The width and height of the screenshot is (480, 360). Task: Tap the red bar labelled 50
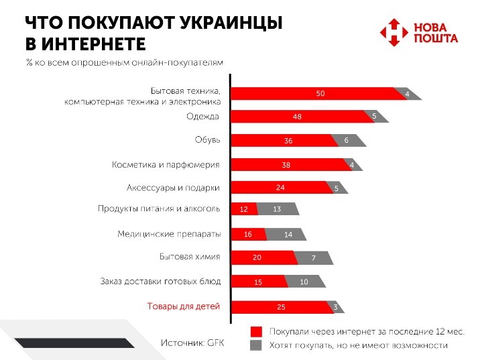point(312,94)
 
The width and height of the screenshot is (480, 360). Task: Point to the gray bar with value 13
point(276,210)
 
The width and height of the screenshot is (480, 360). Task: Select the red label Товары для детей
point(184,307)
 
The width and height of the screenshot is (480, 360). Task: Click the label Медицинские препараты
point(168,234)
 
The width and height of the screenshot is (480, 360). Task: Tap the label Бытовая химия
point(190,257)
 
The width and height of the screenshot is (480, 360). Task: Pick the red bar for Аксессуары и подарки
point(278,188)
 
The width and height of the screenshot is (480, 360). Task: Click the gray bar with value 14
point(286,235)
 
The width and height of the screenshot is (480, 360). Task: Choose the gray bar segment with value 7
point(313,258)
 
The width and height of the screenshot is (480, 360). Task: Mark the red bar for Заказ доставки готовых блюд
point(258,282)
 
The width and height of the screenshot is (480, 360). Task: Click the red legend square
point(255,332)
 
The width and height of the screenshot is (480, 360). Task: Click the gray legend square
point(255,345)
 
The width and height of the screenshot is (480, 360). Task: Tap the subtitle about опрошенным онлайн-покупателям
point(123,62)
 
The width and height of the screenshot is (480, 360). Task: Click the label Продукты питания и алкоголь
point(159,209)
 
